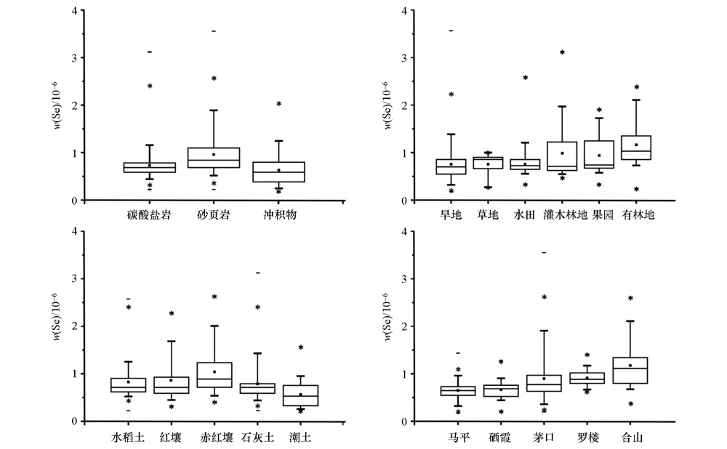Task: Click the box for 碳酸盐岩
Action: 149,167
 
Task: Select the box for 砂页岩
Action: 213,158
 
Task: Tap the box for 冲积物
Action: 278,172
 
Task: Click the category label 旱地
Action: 451,215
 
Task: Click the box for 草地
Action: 487,163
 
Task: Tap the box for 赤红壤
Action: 214,374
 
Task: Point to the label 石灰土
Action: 257,437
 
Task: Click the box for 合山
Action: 630,371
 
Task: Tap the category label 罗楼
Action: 587,437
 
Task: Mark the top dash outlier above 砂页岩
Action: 213,31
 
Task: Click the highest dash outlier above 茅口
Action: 544,252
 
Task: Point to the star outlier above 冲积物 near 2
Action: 278,104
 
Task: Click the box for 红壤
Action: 171,385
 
